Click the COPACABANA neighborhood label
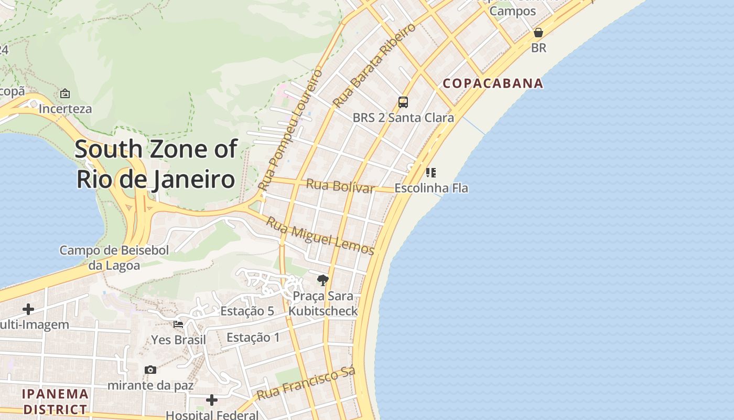pos(493,83)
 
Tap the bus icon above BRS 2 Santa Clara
pos(403,102)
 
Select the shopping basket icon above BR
pos(538,33)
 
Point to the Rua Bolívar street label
pos(340,186)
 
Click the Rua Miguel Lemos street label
pos(320,236)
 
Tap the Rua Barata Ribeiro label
pos(374,65)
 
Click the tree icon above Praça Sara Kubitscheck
pos(323,280)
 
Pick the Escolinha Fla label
pos(431,188)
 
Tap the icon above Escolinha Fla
pos(431,172)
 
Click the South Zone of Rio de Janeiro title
pos(156,164)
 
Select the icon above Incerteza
pos(65,93)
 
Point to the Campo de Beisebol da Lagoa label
pos(114,258)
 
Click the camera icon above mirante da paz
pos(150,370)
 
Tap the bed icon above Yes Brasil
pos(178,324)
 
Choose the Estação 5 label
pos(247,311)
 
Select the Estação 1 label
pos(253,338)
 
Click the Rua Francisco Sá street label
pos(306,383)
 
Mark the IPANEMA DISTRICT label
pos(55,402)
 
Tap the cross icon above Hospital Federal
pos(212,401)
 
